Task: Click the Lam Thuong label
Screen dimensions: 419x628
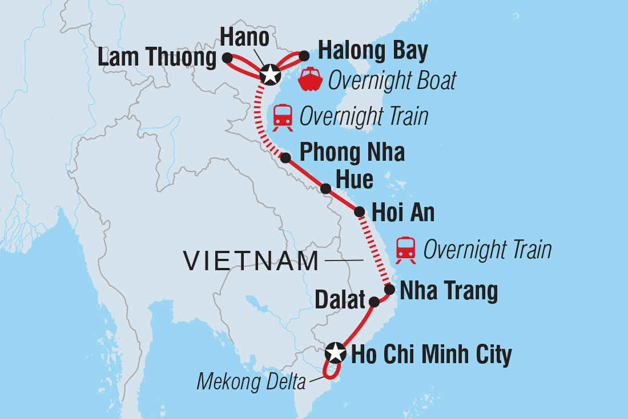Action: (156, 58)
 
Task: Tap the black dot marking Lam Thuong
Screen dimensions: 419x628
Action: (227, 58)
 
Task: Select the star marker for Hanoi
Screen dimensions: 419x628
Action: (269, 74)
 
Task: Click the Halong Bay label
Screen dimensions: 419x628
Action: (372, 51)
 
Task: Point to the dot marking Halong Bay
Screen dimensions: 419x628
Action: (304, 55)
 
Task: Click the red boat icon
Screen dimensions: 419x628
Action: (311, 80)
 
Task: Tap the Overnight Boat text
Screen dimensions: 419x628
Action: (392, 81)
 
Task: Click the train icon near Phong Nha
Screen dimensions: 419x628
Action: (283, 116)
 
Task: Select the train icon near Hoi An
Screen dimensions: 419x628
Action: (406, 249)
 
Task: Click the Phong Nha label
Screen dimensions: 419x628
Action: (352, 153)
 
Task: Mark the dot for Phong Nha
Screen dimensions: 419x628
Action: (285, 158)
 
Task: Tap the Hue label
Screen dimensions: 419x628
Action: (355, 180)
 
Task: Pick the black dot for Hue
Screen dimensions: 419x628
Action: (325, 189)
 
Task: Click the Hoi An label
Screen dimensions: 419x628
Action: (403, 213)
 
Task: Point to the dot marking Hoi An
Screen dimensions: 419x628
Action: (360, 212)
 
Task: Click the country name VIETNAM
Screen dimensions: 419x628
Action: (251, 262)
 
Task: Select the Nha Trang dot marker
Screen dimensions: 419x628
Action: (389, 290)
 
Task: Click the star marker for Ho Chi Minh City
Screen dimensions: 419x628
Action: (335, 353)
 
